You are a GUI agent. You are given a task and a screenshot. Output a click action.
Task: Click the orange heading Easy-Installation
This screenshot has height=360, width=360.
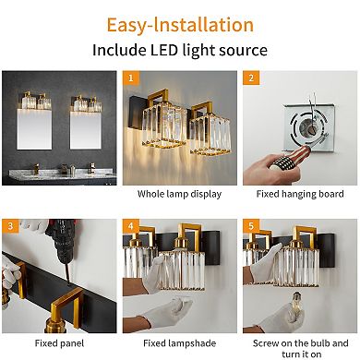click(x=179, y=21)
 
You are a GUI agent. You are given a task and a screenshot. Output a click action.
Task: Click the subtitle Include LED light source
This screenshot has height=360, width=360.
click(x=179, y=51)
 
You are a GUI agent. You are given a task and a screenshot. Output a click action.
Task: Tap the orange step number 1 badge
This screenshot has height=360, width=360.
click(x=131, y=79)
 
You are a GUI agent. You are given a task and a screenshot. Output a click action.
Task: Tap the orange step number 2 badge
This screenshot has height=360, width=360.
click(x=249, y=79)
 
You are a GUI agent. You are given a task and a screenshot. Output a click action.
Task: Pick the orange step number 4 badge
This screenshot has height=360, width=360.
click(x=131, y=226)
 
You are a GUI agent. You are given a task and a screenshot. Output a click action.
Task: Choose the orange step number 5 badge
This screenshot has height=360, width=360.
click(x=249, y=226)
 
